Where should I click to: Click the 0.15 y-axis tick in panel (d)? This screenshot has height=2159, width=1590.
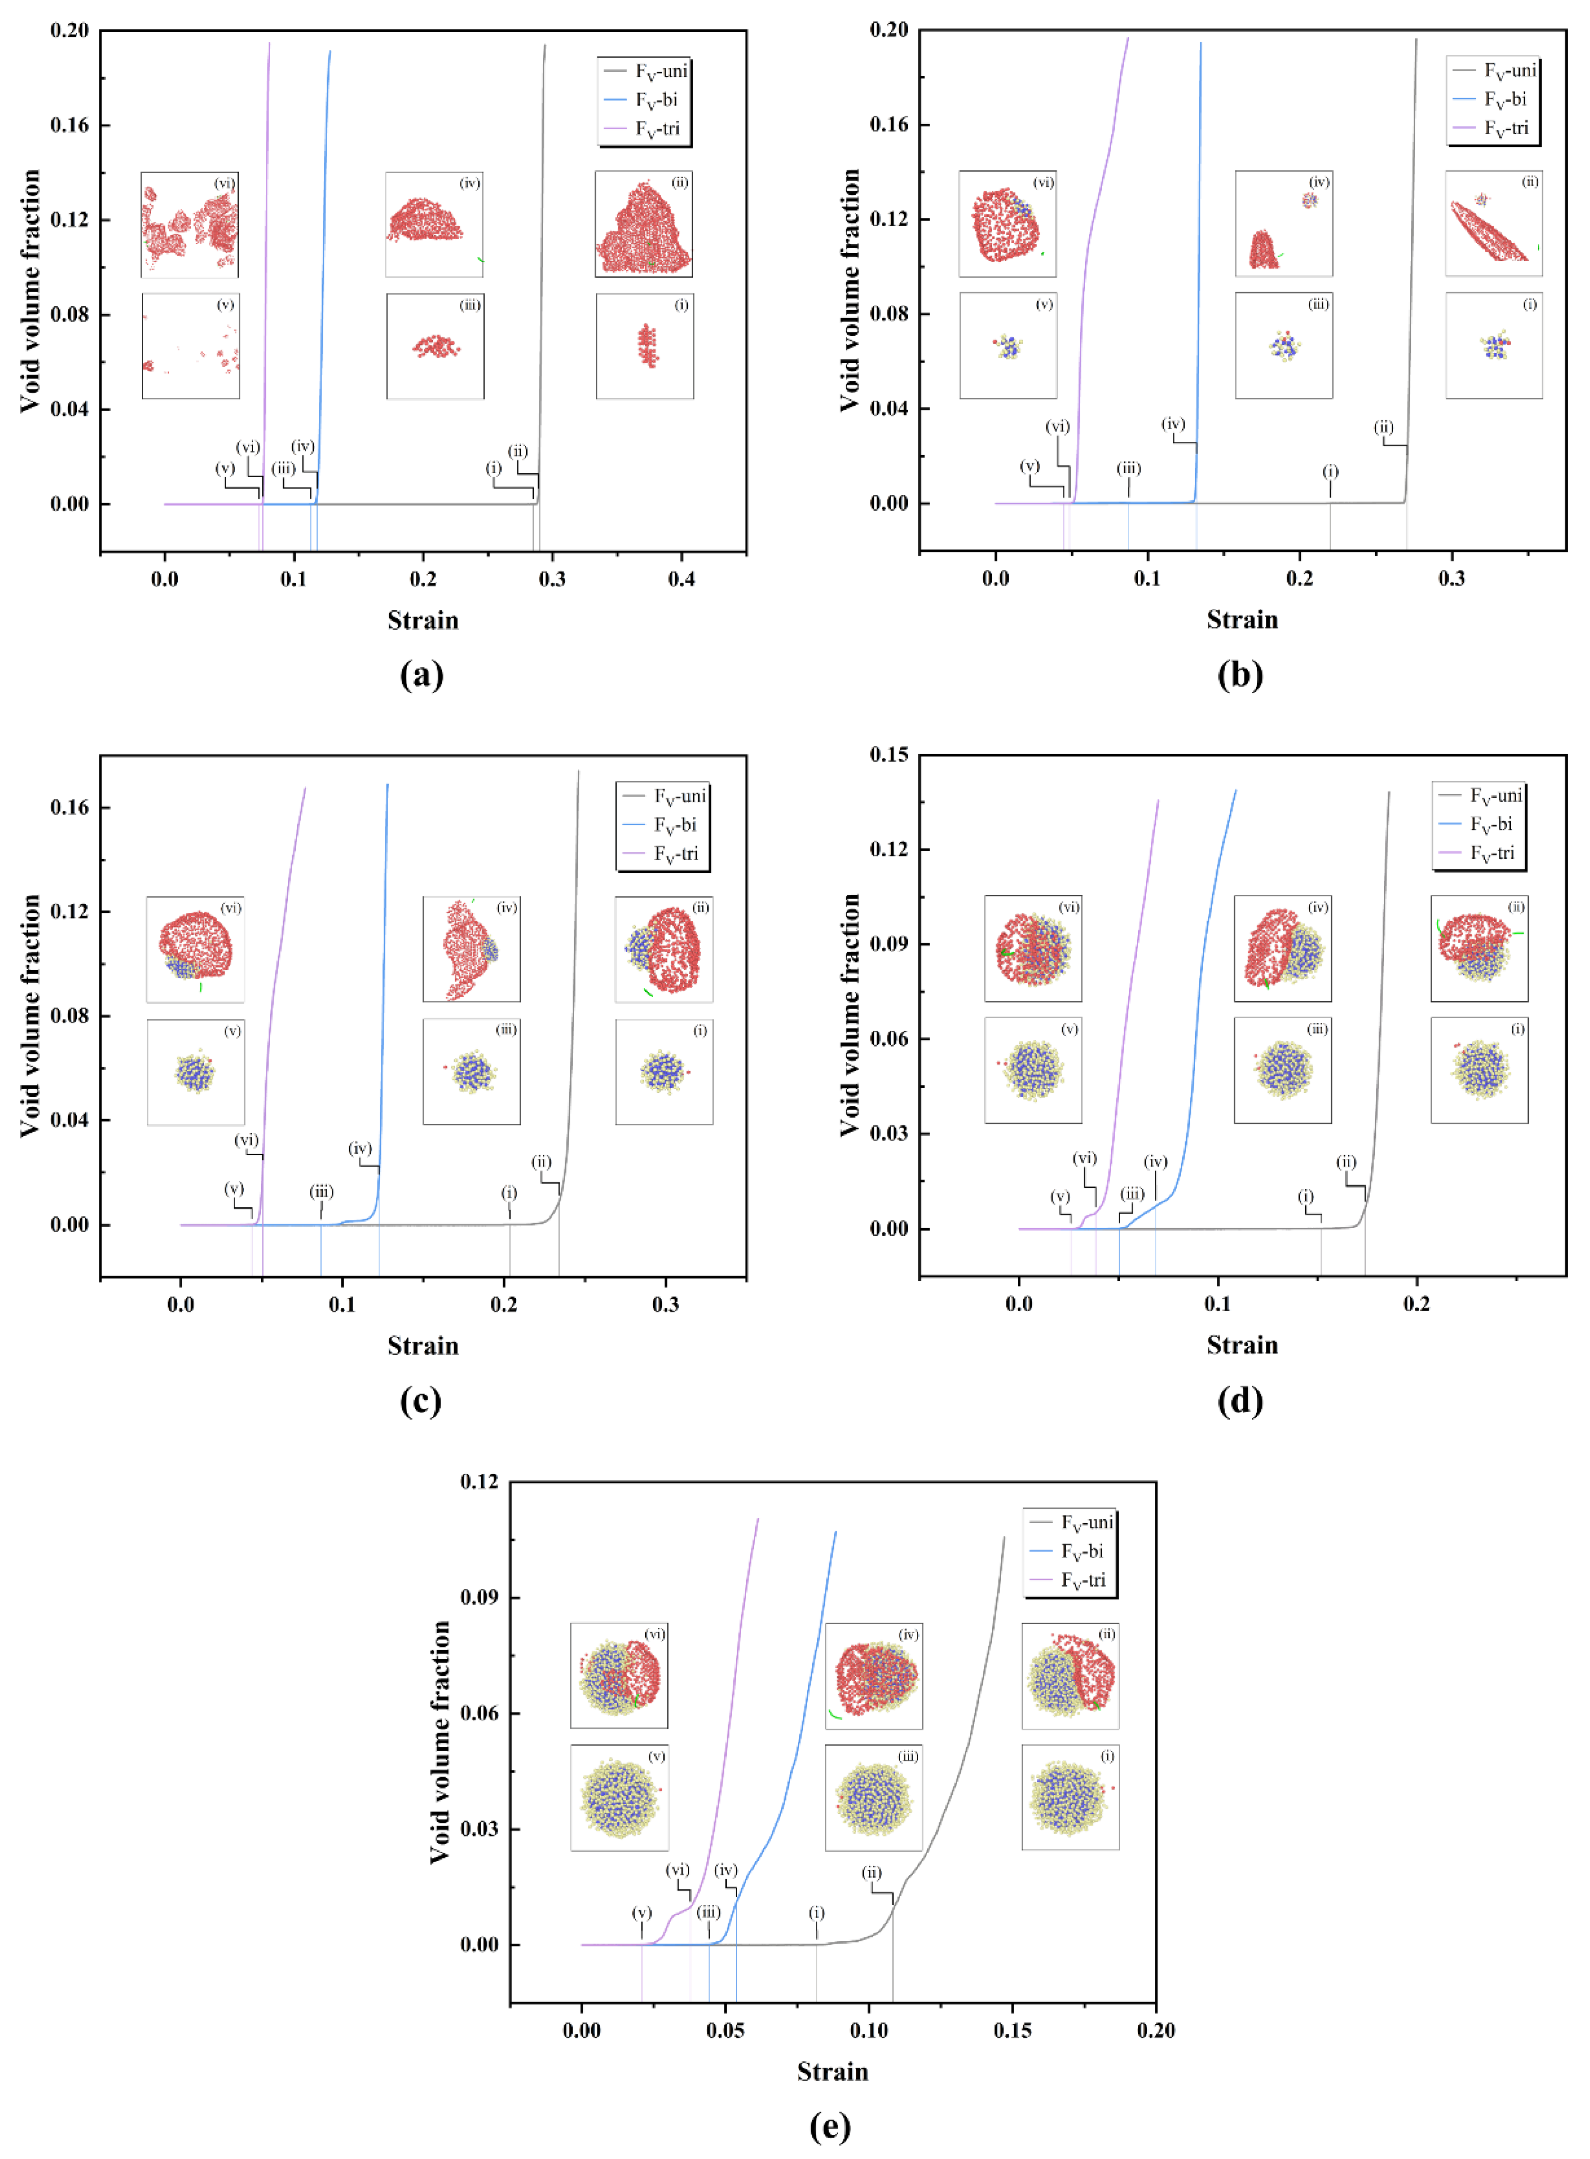click(x=888, y=754)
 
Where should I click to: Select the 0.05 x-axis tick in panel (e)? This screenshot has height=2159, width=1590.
click(x=725, y=2031)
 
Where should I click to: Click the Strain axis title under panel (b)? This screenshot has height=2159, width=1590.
click(x=1242, y=620)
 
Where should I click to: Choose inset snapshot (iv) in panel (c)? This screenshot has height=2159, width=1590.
click(x=472, y=949)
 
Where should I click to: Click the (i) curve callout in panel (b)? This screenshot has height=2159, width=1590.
click(x=1330, y=472)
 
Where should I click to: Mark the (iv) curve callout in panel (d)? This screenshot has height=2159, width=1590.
click(x=1155, y=1162)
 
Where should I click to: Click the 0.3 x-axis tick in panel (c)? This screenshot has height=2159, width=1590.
click(x=665, y=1305)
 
